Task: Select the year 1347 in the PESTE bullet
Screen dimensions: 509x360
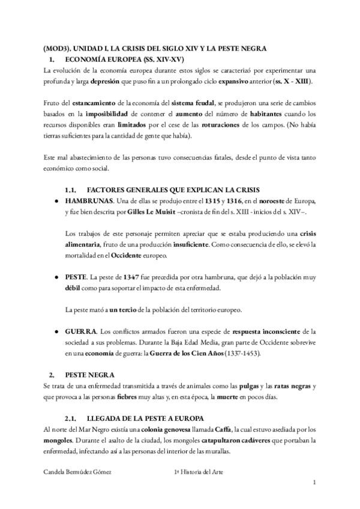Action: click(131, 279)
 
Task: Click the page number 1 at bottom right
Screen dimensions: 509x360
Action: click(314, 483)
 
